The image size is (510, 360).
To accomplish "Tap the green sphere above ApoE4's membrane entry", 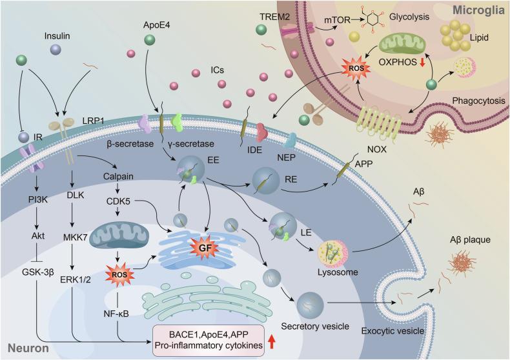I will (x=149, y=40).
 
